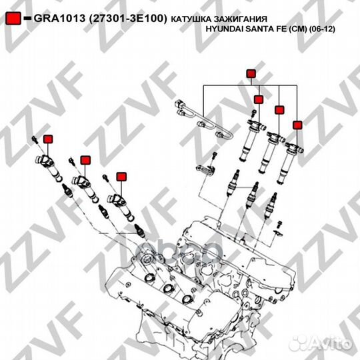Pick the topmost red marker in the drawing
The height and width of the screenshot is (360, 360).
tap(251, 73)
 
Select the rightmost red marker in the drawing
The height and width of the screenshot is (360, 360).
tap(297, 124)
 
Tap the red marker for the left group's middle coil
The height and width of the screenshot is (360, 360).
tap(85, 160)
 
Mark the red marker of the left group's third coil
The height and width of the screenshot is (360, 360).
tap(121, 176)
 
